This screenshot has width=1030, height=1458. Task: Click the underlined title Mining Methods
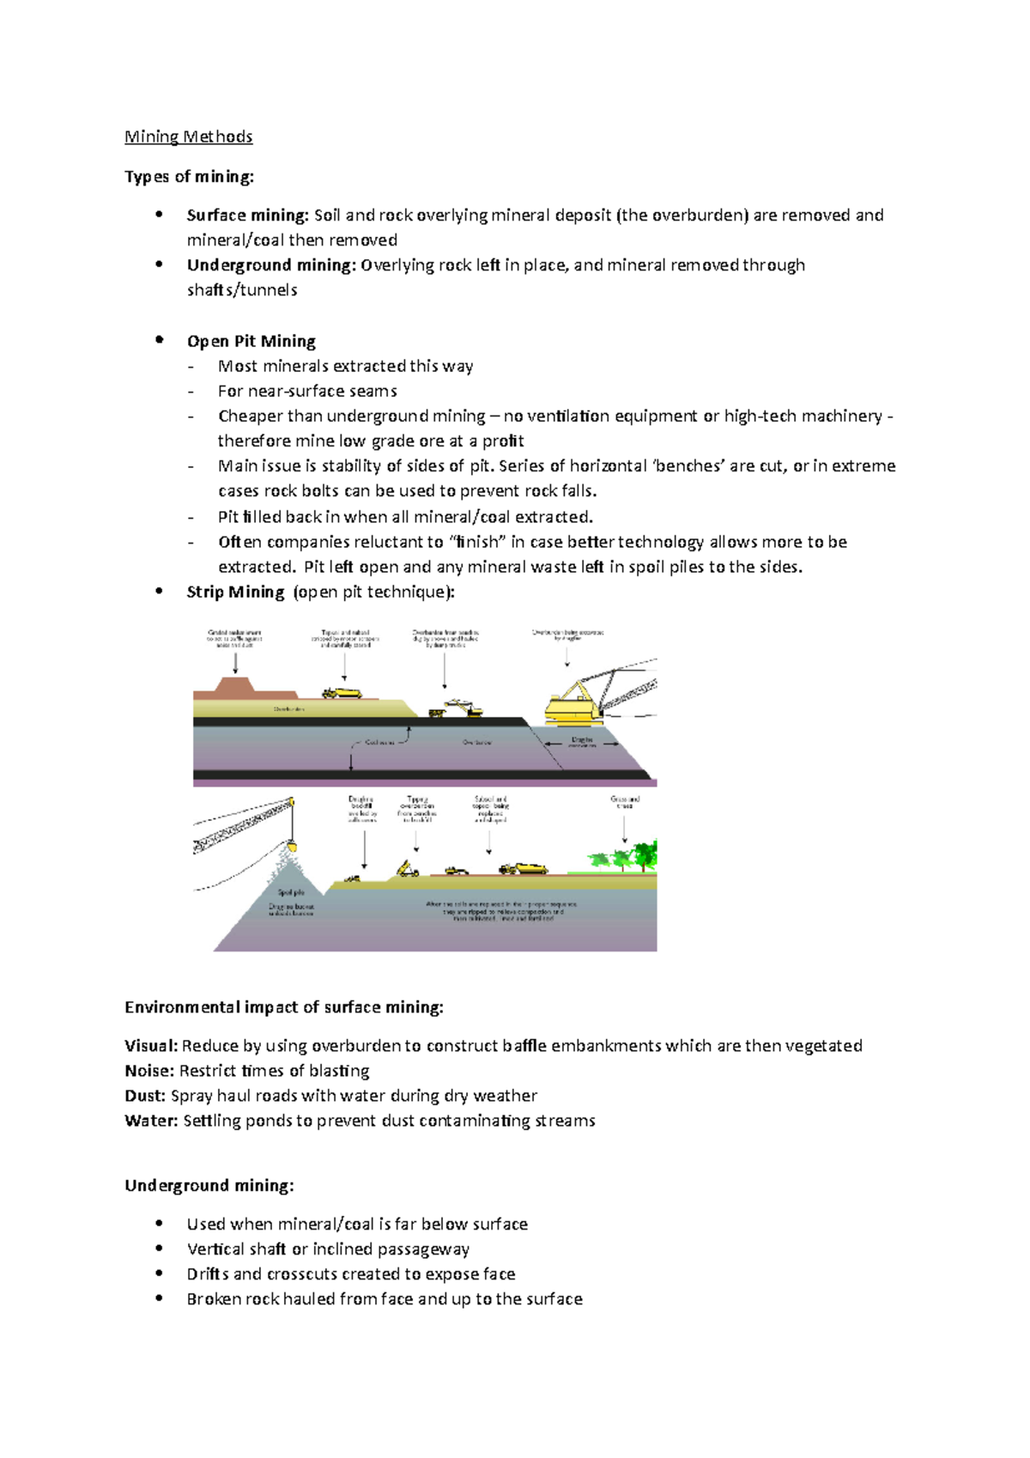[188, 137]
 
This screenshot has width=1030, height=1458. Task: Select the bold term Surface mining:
[247, 216]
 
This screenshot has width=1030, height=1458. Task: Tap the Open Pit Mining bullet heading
[251, 341]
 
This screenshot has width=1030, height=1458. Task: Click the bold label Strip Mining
[235, 592]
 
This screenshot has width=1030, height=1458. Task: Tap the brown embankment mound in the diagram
[230, 688]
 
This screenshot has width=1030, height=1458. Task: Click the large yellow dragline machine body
[575, 706]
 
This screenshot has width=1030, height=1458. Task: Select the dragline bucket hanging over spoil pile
[293, 847]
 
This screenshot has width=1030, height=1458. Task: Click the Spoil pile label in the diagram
[291, 893]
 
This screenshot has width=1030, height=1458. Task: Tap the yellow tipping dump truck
[408, 869]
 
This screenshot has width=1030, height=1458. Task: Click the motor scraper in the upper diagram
[342, 693]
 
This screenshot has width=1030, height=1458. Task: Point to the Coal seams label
[379, 742]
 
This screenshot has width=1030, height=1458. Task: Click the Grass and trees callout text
[625, 802]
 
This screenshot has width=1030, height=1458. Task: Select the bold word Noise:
[149, 1071]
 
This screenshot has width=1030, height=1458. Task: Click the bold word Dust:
[145, 1096]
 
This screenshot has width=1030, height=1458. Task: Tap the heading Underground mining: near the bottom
[209, 1186]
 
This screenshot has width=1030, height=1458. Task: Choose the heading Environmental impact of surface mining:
[284, 1007]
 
